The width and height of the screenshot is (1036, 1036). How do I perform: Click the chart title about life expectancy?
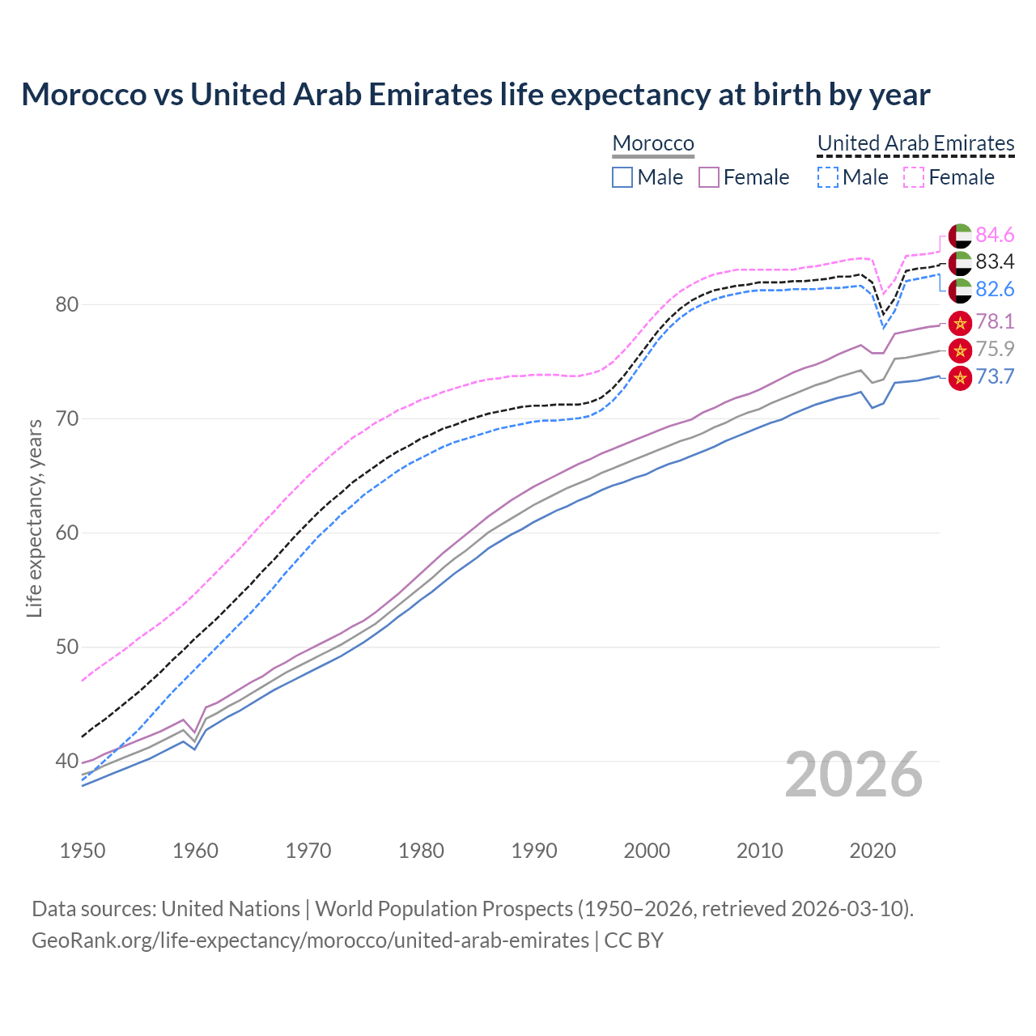click(x=475, y=95)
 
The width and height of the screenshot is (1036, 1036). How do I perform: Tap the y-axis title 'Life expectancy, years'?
click(x=34, y=518)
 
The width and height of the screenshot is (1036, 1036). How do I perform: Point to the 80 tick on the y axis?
click(x=67, y=305)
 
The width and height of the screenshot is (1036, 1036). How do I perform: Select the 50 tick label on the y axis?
click(x=67, y=647)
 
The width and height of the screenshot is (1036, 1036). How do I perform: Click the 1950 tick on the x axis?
click(x=83, y=851)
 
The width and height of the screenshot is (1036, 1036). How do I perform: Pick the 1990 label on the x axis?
click(x=534, y=851)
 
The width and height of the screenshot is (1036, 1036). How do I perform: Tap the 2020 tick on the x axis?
click(x=873, y=851)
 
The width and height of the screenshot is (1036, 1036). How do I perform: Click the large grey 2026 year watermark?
click(x=854, y=775)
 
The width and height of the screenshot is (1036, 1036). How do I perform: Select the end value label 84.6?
click(x=995, y=235)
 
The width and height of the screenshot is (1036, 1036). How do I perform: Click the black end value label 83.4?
click(x=995, y=261)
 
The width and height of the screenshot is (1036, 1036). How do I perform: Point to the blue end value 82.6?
click(x=995, y=289)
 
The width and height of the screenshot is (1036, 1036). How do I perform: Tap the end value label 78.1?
click(x=995, y=321)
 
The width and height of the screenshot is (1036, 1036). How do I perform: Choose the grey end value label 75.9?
click(x=995, y=349)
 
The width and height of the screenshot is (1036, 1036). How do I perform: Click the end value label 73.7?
click(x=995, y=376)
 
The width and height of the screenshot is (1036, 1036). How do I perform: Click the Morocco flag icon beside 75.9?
click(x=960, y=350)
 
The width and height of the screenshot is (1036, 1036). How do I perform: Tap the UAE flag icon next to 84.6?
click(x=960, y=236)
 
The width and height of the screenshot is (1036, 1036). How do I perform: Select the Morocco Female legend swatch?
click(x=709, y=177)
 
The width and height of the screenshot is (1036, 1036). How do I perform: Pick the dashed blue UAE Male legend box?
click(x=827, y=177)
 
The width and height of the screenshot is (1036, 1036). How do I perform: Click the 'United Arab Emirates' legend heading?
click(x=915, y=143)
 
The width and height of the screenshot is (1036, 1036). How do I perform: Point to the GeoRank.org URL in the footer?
click(x=310, y=940)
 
